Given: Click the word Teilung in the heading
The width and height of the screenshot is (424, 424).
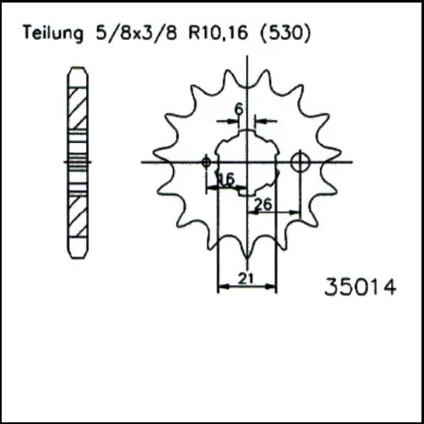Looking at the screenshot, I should pyautogui.click(x=53, y=34).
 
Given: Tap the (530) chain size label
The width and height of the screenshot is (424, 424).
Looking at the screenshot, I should pyautogui.click(x=286, y=34).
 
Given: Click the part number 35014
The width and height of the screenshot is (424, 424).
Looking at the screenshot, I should pyautogui.click(x=360, y=287).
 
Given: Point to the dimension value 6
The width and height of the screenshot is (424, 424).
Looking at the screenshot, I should pyautogui.click(x=239, y=108).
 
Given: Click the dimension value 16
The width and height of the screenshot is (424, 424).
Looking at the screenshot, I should pyautogui.click(x=226, y=179).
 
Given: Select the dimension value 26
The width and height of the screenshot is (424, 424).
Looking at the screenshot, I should pyautogui.click(x=263, y=204).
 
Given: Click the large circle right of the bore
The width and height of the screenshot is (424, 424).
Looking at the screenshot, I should pyautogui.click(x=301, y=161).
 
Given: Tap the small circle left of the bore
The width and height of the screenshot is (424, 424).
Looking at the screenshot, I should pyautogui.click(x=207, y=160).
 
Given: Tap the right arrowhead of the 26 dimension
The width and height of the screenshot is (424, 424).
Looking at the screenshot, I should pyautogui.click(x=297, y=212).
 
